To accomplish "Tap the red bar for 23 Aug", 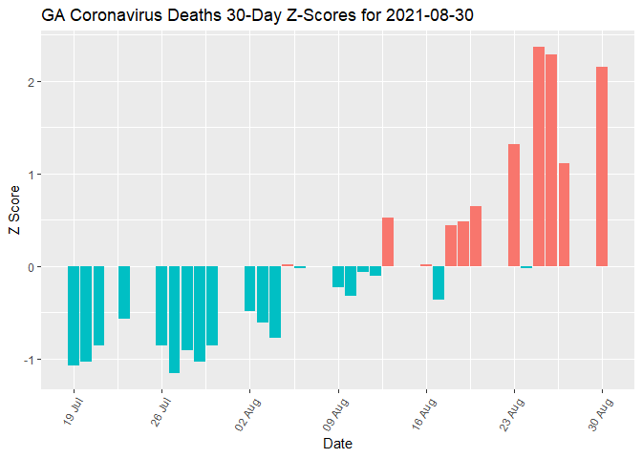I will tap(514, 205).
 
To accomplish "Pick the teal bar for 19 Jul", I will tap(74, 316).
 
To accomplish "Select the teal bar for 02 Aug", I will tap(249, 288).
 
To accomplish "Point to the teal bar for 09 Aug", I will tap(338, 277).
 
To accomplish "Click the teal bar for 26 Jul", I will tap(161, 305).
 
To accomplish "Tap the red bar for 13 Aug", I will tap(388, 242).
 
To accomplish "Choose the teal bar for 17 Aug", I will tap(439, 282).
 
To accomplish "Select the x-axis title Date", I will tap(338, 444).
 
